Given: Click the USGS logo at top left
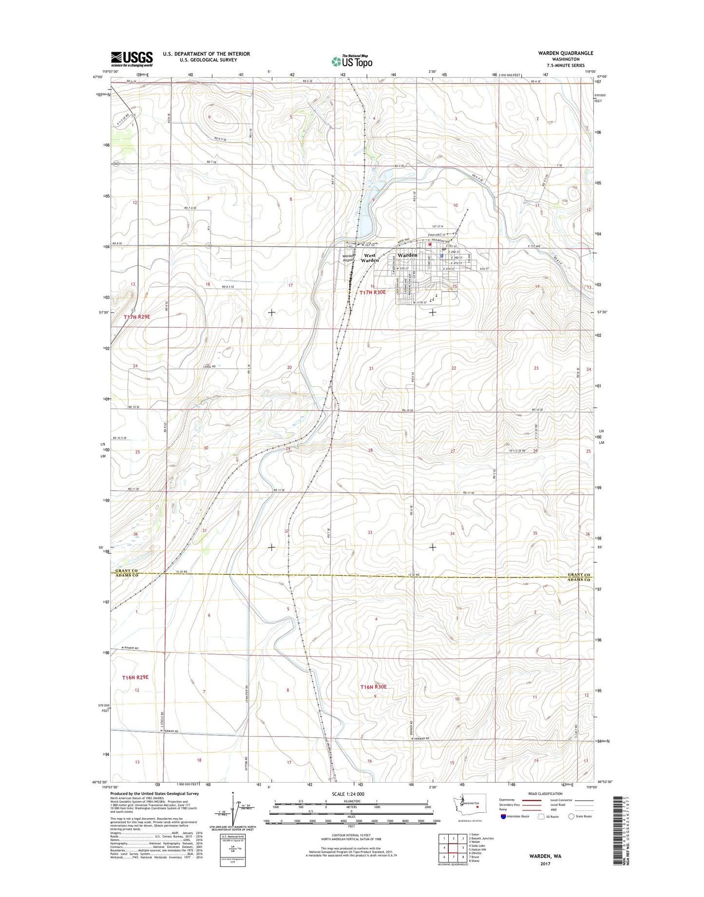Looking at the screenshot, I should [x=132, y=59].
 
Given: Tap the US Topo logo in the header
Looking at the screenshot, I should [x=352, y=61].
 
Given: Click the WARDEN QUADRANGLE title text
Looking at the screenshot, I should [x=566, y=53].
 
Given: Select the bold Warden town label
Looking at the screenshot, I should [x=407, y=255].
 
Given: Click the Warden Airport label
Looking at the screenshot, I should [x=349, y=258].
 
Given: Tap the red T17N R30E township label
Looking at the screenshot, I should [x=373, y=292].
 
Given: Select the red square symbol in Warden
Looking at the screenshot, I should [x=430, y=245].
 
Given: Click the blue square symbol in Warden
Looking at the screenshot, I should [x=441, y=255].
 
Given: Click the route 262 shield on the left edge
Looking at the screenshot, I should [x=116, y=164].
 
